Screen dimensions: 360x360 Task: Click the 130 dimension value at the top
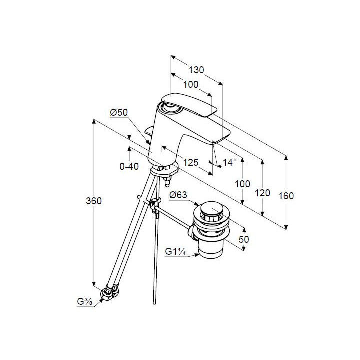(196, 70)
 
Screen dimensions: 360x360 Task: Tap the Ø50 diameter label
(119, 113)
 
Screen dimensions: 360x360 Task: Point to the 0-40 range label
(129, 166)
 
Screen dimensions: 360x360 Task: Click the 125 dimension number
(191, 162)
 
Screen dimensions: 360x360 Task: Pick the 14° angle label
(230, 162)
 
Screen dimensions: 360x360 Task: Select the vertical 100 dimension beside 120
(242, 184)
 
